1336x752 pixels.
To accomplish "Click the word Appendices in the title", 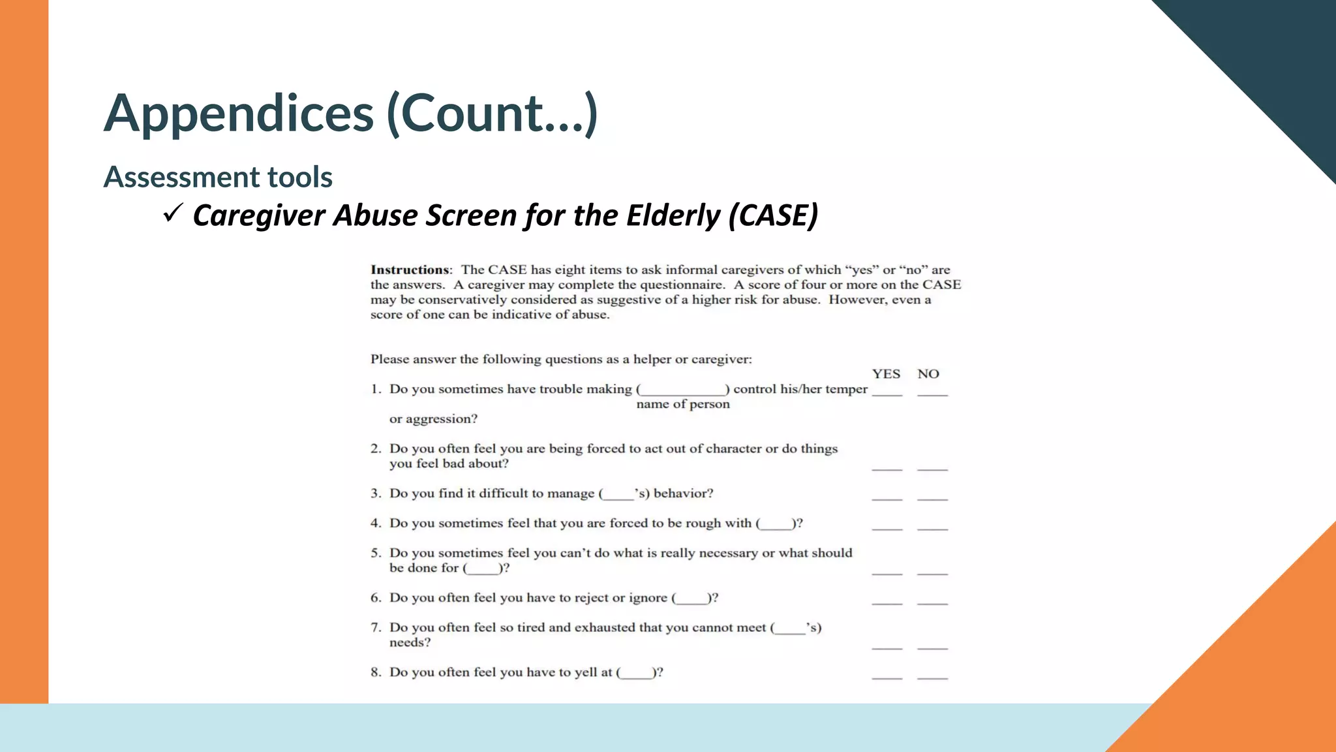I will [x=239, y=114].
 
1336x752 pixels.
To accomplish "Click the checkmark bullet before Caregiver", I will [x=173, y=213].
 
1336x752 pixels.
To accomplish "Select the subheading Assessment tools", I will [x=218, y=177].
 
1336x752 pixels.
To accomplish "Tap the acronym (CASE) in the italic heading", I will [x=774, y=215].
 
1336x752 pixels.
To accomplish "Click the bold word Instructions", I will [x=410, y=270].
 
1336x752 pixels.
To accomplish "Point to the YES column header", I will [x=886, y=374].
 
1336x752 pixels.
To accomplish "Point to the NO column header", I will [x=928, y=374].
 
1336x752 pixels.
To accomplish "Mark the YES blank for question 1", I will [x=887, y=392].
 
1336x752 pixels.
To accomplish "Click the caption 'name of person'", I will [x=683, y=404].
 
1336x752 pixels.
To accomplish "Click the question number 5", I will [x=375, y=553].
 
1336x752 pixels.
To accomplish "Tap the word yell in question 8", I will [x=586, y=672].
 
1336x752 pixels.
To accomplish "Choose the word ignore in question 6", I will [x=646, y=598].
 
